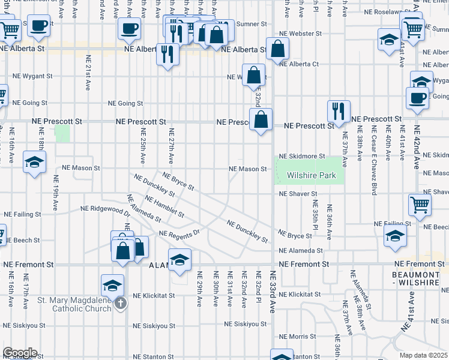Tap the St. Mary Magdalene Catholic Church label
pos(74,304)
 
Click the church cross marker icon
pos(120,304)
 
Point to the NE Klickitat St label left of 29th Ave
pos(154,296)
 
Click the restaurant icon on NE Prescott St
pos(339,111)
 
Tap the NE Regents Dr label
pos(178,233)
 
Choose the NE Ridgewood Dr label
pos(106,210)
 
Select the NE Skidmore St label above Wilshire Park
pos(302,155)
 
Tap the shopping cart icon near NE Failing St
pos(420,205)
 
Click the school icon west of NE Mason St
pos(35,161)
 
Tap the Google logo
pos(19,353)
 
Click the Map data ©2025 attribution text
pos(424,356)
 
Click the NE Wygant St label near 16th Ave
pos(32,77)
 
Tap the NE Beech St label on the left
pos(22,240)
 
